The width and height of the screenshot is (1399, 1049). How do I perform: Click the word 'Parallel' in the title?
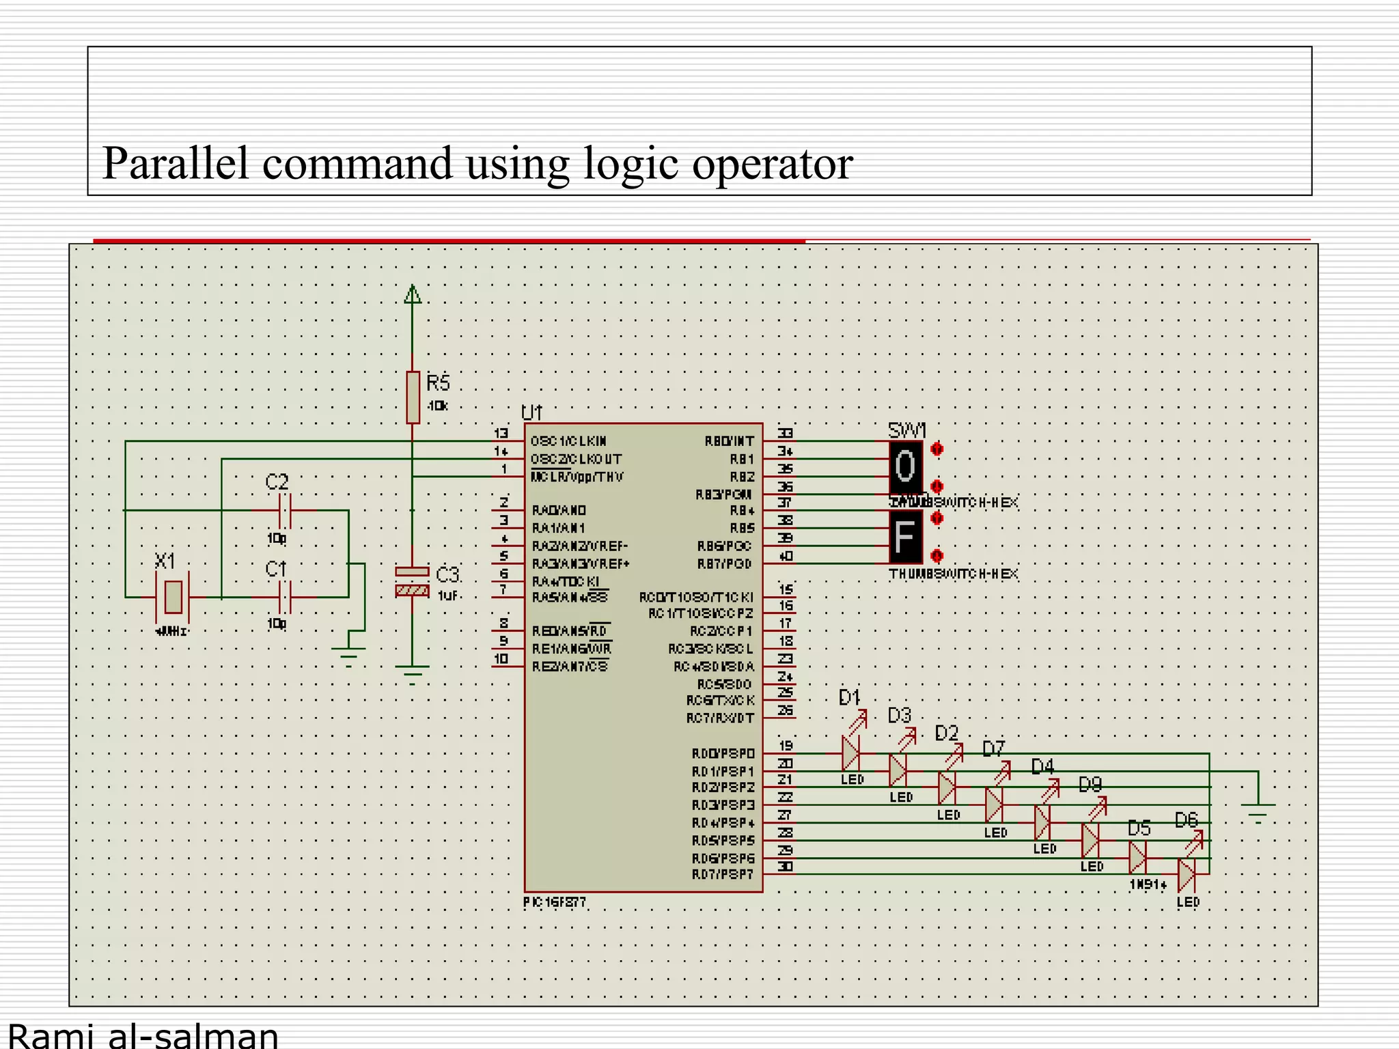point(176,164)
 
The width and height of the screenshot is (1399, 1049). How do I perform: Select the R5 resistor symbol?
point(413,397)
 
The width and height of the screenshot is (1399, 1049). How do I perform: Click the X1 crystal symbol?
point(174,596)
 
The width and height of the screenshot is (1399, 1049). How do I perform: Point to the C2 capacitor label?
point(277,482)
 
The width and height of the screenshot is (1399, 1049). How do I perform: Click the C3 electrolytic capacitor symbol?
point(412,581)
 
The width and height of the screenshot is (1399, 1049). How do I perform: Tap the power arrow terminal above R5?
point(413,294)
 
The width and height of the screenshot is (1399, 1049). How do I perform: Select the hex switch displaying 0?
point(905,467)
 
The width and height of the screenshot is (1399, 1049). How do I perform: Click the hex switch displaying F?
point(905,537)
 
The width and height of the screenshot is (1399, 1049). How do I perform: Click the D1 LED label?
point(849,698)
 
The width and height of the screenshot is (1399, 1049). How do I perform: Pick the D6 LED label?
point(1187,820)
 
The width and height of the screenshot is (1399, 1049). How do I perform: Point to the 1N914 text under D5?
point(1148,885)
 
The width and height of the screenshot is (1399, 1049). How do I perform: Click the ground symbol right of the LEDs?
point(1258,812)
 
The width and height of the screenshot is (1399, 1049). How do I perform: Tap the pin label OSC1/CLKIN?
point(568,442)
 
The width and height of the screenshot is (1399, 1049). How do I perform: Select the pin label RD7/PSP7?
point(723,875)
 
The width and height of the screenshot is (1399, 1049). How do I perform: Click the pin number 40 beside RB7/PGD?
point(786,557)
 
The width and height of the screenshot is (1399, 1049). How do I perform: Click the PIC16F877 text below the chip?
point(555,902)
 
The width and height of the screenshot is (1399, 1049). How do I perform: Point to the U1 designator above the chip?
point(531,412)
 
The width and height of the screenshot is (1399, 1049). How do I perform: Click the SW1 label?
point(906,431)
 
